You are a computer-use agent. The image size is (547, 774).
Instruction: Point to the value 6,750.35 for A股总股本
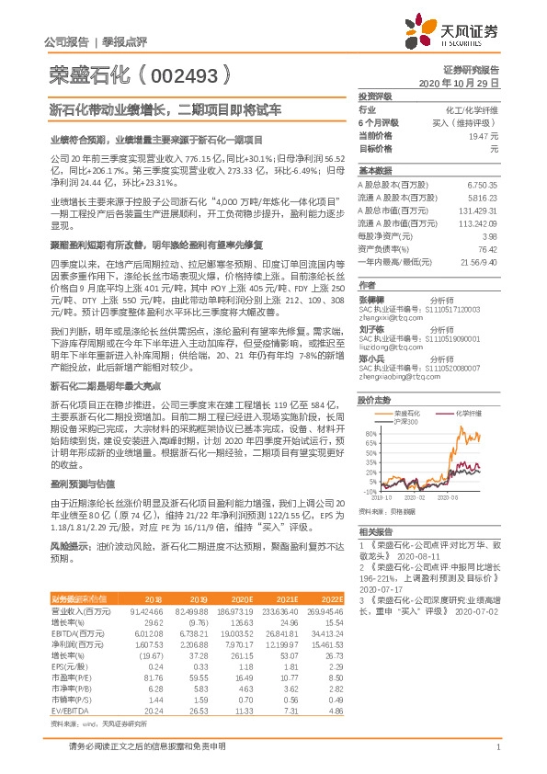point(482,185)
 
